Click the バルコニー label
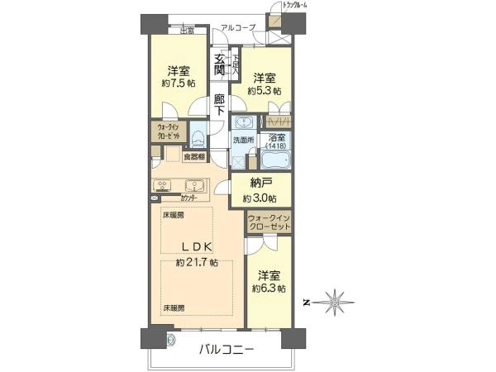click(226, 350)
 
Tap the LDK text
click(197, 246)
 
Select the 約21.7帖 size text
click(197, 262)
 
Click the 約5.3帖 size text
click(266, 89)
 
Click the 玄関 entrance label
click(220, 64)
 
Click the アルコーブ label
click(238, 27)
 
